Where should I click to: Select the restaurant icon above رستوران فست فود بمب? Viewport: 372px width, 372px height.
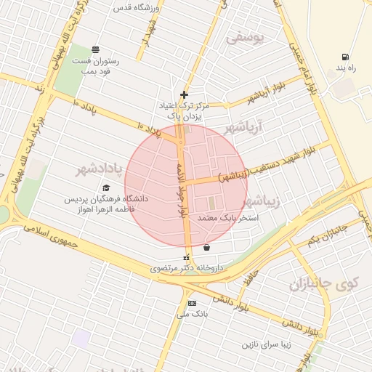[96, 49]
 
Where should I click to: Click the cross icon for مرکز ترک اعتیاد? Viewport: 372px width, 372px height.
[185, 94]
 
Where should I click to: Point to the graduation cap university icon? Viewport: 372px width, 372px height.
[106, 188]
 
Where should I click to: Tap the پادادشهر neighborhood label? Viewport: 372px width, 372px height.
[106, 169]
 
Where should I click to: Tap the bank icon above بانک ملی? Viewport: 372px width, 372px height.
[192, 303]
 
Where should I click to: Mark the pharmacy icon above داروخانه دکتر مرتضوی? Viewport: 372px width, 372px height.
[187, 257]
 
